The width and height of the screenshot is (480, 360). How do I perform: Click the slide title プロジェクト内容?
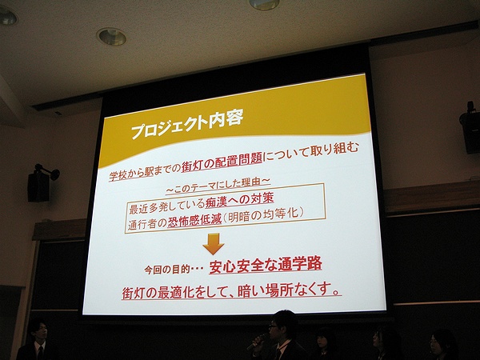click(187, 123)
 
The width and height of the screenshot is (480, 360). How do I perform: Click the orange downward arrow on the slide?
click(214, 244)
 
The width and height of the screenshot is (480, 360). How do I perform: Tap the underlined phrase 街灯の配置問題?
click(222, 163)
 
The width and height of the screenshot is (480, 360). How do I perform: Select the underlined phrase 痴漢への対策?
click(239, 200)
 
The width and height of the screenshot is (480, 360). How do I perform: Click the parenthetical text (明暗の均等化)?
click(263, 215)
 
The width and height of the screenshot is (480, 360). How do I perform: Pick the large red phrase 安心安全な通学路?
click(266, 266)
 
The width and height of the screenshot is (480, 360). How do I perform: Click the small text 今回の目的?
click(167, 270)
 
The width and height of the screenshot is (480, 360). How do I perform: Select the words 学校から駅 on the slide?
click(131, 174)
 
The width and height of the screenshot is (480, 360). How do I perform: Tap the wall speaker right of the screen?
click(470, 129)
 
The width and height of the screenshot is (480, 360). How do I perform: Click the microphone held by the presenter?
click(257, 342)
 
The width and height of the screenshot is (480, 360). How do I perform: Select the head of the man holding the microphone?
click(283, 325)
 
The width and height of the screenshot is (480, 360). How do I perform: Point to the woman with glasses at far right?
click(442, 345)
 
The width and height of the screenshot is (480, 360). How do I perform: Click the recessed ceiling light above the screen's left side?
click(112, 37)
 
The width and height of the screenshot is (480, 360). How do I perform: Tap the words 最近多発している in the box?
click(166, 206)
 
